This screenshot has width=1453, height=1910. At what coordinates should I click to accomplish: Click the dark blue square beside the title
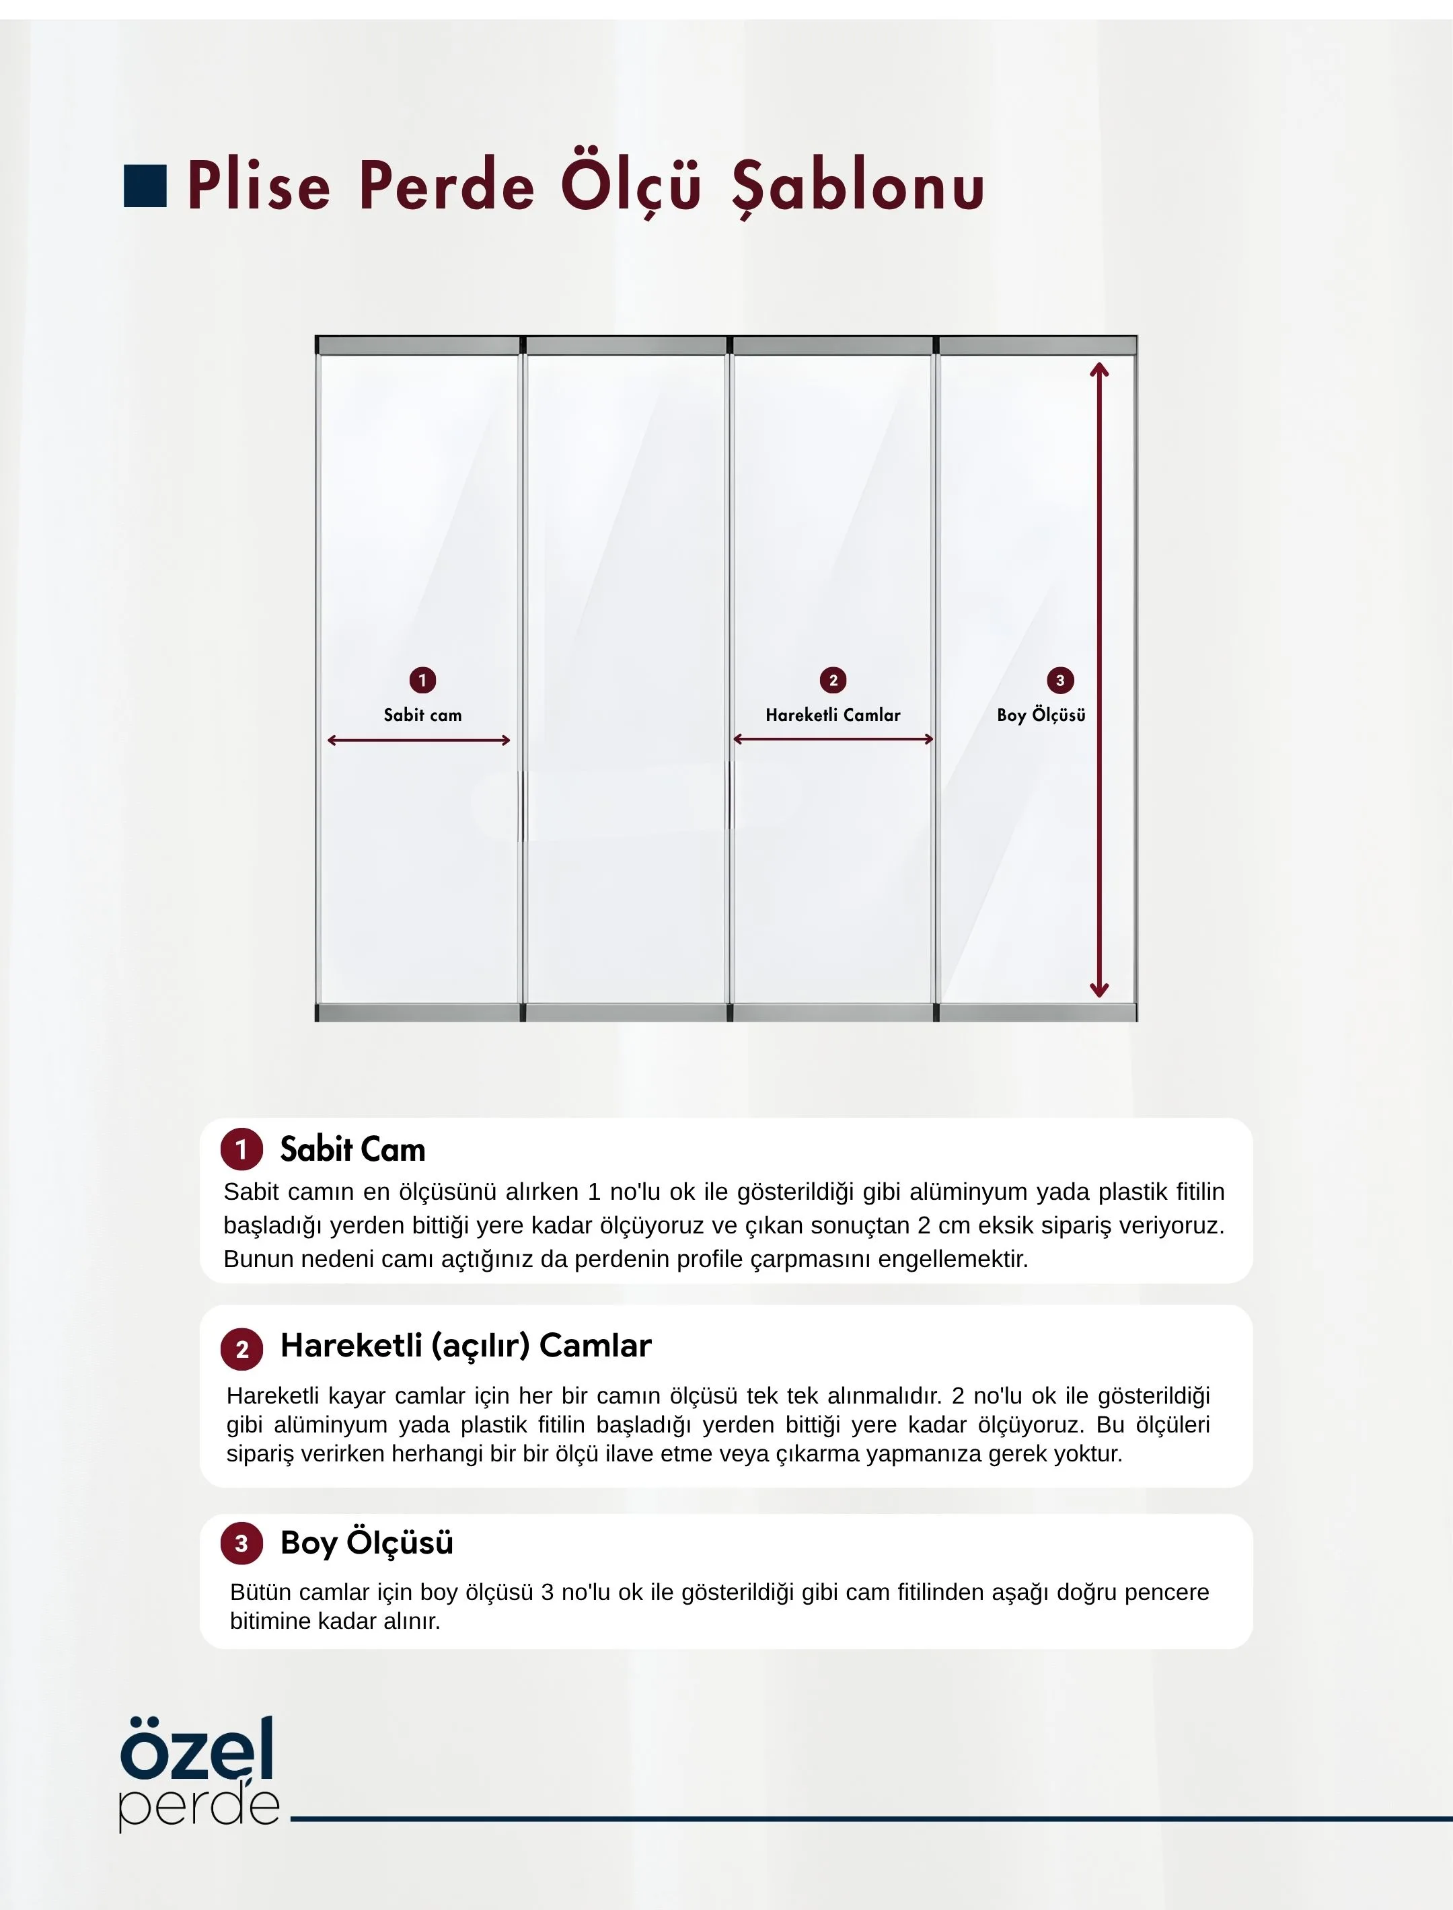coord(145,186)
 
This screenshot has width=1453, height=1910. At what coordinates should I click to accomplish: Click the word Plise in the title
coord(258,186)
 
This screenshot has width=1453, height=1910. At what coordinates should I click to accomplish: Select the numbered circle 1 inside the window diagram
coord(422,680)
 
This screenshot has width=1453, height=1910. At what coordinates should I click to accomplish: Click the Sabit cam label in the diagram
coord(422,715)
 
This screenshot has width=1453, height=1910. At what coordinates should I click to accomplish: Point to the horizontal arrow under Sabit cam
coord(418,740)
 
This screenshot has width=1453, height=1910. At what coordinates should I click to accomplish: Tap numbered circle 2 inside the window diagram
coord(833,680)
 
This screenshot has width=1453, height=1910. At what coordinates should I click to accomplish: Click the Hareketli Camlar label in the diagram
coord(833,715)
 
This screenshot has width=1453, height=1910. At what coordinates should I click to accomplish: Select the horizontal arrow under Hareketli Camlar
coord(833,739)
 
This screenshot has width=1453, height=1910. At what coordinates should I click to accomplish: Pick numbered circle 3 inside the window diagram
coord(1060,680)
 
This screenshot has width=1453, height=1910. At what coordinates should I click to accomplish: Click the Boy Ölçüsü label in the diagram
coord(1041,715)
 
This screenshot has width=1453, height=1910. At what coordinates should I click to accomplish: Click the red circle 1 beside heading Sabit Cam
coord(241,1149)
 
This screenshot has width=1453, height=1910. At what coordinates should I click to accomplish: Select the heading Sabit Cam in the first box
coord(352,1149)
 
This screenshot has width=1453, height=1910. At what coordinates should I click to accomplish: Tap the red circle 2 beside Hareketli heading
coord(241,1349)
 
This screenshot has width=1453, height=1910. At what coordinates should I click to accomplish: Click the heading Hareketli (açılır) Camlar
coord(465,1345)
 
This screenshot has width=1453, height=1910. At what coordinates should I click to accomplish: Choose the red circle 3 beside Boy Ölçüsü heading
coord(241,1543)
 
